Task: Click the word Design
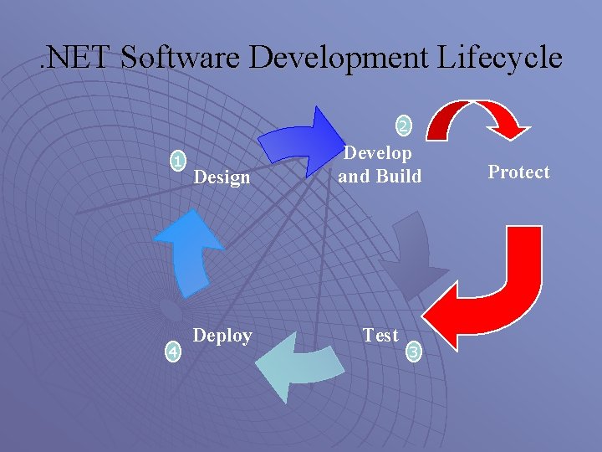tap(222, 177)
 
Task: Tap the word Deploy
tap(222, 336)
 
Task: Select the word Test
tap(380, 335)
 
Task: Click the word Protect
tap(518, 172)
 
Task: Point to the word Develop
tap(379, 153)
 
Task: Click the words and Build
tap(380, 176)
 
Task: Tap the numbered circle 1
tap(176, 161)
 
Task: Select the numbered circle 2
tap(403, 126)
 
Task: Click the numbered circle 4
tap(171, 352)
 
